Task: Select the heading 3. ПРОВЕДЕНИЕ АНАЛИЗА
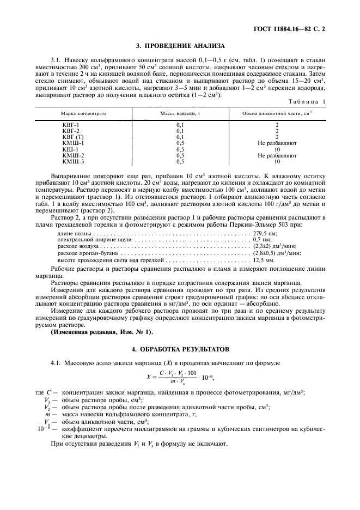tap(180, 46)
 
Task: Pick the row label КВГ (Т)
tap(74, 137)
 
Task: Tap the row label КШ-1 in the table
tap(71, 149)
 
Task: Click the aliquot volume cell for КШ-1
tap(277, 149)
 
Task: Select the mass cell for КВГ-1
tap(180, 125)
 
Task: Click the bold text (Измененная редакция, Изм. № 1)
tap(102, 332)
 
